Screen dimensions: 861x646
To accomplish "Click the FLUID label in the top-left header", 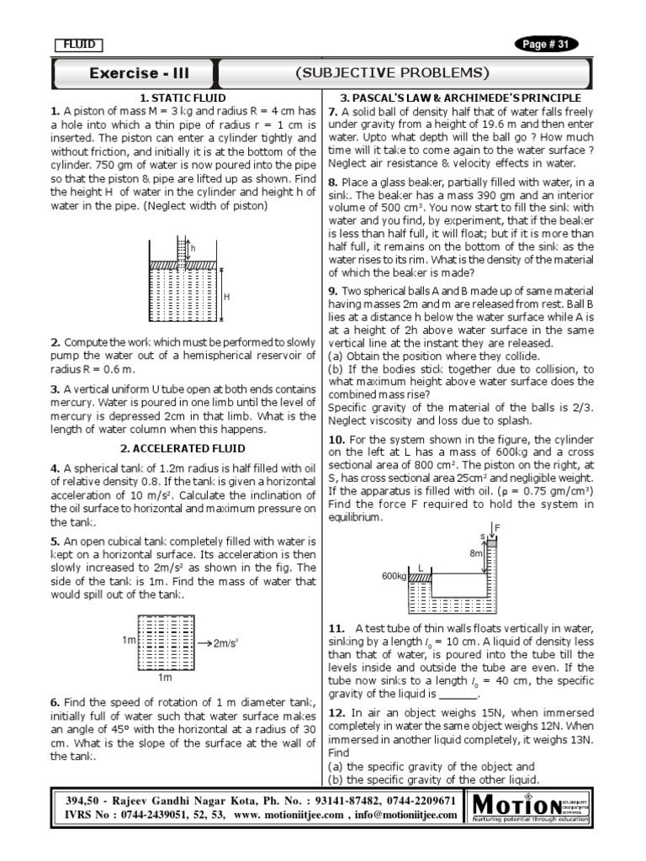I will coord(78,45).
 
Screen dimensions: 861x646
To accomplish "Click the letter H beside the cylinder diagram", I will coord(226,297).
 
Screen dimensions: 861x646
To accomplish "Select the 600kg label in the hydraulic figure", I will coord(394,576).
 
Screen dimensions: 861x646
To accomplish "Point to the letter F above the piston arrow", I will coord(497,528).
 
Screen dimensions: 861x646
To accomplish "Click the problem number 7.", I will coord(332,111).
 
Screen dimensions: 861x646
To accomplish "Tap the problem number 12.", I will coord(336,713).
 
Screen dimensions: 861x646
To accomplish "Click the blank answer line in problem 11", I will coord(458,695).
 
